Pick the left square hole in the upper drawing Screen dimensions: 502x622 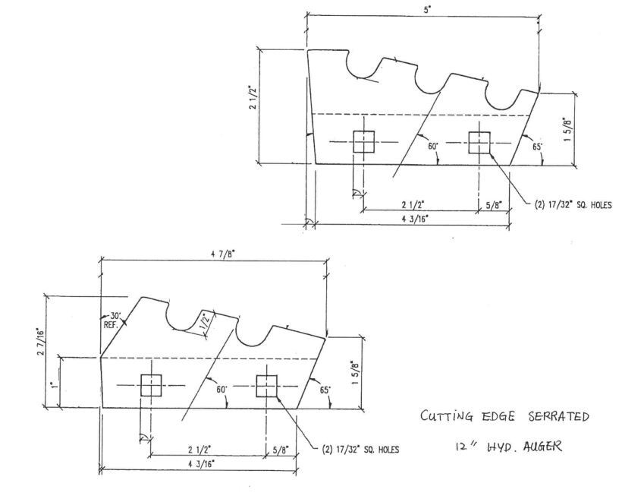pos(364,141)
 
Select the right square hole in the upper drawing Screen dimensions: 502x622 pos(479,141)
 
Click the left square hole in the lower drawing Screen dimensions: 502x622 pos(152,386)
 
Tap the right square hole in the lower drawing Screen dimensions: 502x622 pos(266,386)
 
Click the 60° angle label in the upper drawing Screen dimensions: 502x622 pos(432,146)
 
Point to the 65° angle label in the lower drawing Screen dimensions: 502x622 pos(325,390)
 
